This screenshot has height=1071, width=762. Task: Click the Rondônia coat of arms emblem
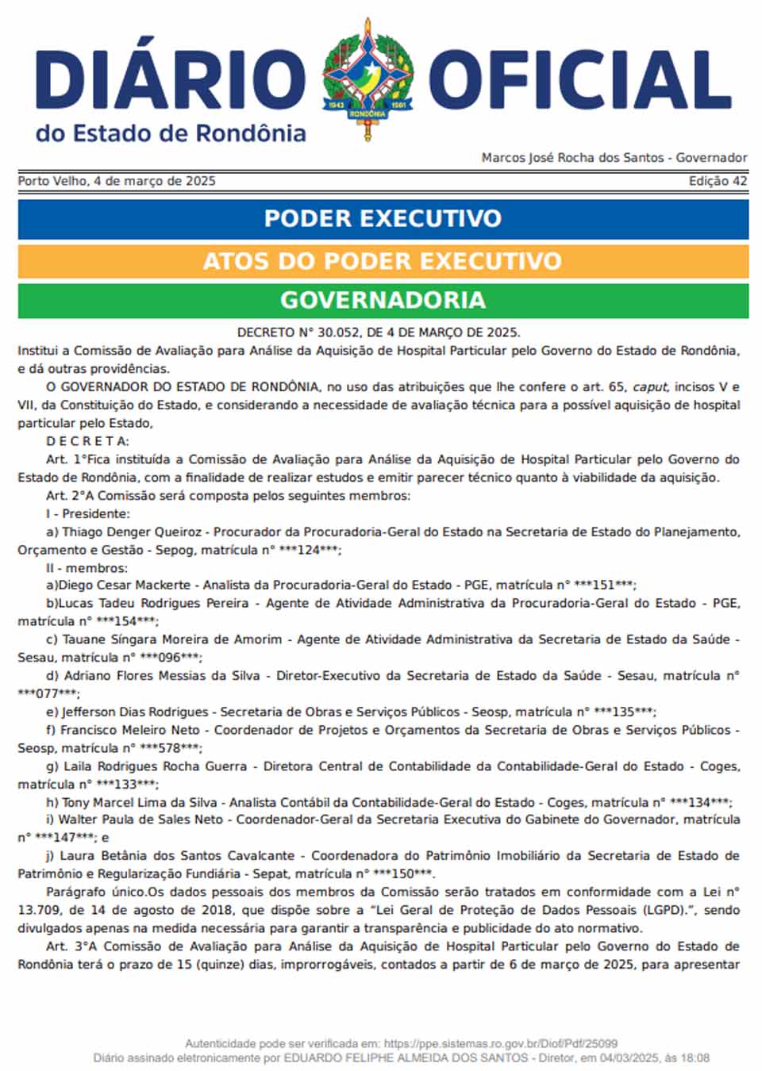368,79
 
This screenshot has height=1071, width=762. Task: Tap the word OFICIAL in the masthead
580,80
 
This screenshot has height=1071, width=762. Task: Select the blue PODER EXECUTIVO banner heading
383,218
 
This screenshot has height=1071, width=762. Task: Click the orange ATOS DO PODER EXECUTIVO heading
383,261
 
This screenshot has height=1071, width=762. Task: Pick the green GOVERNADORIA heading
383,300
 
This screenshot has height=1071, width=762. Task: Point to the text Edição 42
718,181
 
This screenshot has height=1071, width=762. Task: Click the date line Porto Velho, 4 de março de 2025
117,181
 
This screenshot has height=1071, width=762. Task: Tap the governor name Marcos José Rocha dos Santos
572,158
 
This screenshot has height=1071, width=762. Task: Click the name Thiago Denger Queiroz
134,532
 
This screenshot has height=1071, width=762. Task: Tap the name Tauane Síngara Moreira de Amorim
172,639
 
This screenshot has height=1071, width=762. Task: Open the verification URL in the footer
499,1043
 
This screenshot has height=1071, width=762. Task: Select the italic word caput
649,387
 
